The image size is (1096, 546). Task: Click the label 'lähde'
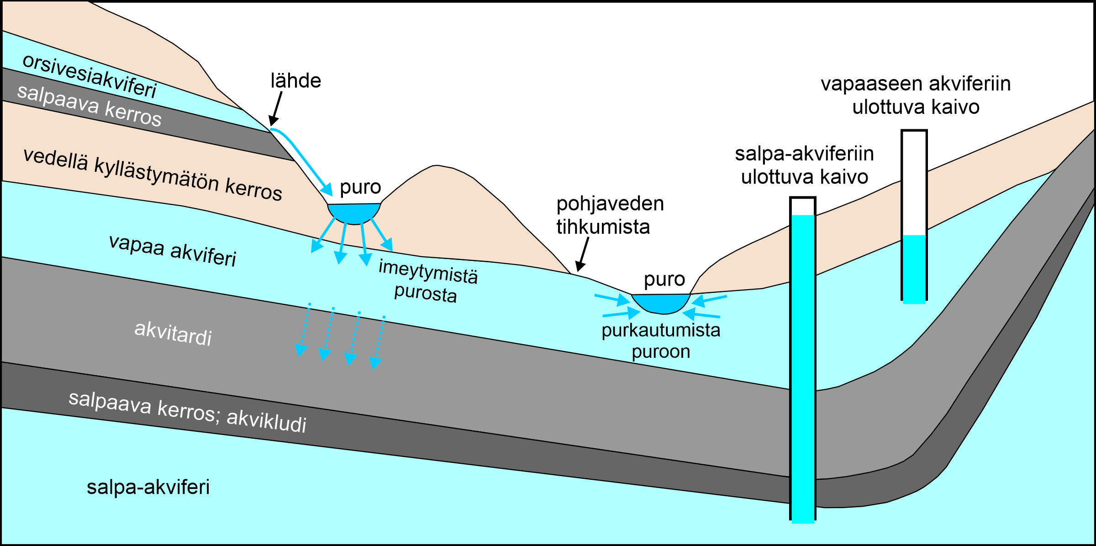click(x=295, y=81)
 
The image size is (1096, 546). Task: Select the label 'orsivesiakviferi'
click(x=90, y=76)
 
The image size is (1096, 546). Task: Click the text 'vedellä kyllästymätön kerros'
click(x=153, y=174)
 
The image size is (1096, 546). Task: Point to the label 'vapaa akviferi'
click(x=173, y=250)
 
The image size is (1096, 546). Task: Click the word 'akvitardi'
click(x=173, y=333)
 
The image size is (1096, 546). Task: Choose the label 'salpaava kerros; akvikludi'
click(x=187, y=412)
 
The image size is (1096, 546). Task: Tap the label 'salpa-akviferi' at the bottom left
click(x=148, y=487)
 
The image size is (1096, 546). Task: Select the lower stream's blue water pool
click(x=661, y=303)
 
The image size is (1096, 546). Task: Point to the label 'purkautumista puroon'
click(x=661, y=341)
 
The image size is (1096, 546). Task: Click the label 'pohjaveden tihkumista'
click(x=609, y=215)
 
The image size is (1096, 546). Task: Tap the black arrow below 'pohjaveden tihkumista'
click(x=583, y=254)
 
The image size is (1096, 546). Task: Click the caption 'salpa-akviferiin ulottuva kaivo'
click(x=804, y=165)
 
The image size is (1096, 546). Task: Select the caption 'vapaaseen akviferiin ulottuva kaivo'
click(x=916, y=95)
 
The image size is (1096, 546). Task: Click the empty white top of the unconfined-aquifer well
click(x=914, y=183)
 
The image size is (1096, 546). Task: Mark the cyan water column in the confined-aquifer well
click(x=802, y=366)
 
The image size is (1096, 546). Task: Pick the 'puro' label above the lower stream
click(x=664, y=279)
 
